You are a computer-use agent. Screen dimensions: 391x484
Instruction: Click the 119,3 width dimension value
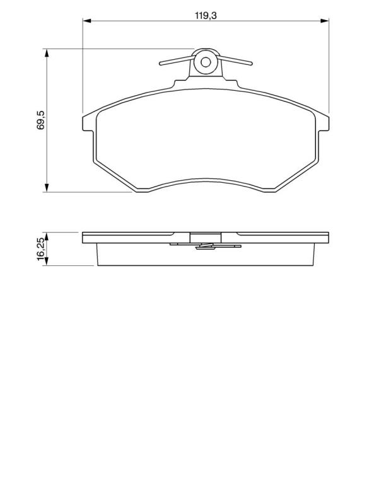coord(206,15)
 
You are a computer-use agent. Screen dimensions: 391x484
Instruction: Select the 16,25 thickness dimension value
coord(42,250)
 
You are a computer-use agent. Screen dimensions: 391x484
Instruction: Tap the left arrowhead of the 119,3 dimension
coord(87,21)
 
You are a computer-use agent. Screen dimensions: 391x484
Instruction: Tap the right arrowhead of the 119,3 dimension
coord(324,21)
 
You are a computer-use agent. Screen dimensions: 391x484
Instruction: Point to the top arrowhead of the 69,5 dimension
coord(47,53)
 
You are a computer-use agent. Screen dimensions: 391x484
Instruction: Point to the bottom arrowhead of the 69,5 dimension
coord(47,188)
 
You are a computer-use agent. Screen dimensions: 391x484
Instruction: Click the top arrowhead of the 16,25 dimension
coord(47,236)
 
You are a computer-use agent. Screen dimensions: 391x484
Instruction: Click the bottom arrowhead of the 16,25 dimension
coord(47,262)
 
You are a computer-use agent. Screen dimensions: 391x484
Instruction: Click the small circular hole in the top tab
coord(206,62)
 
